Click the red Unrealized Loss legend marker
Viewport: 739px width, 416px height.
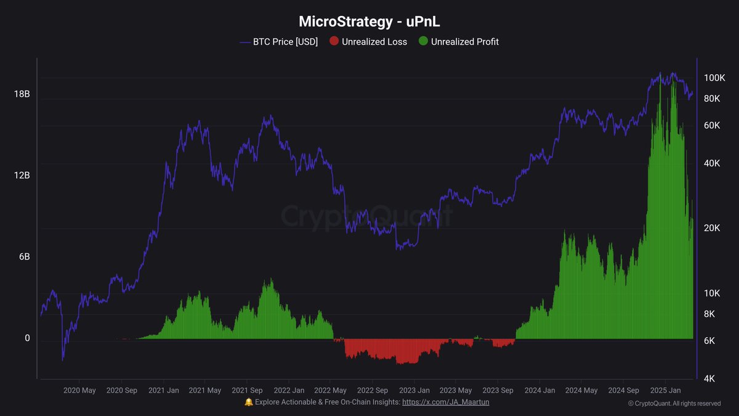coord(334,42)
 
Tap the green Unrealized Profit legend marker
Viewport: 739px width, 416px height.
coord(423,42)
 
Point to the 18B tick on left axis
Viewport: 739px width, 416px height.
coord(22,94)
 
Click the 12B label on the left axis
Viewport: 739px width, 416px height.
coord(22,176)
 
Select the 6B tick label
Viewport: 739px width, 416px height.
coord(24,257)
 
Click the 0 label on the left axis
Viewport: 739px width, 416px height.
coord(26,338)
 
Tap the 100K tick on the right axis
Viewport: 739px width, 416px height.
coord(714,78)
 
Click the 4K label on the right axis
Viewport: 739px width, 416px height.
coord(709,378)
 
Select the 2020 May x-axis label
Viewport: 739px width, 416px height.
coord(79,390)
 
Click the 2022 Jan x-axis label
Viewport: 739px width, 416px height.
coord(289,390)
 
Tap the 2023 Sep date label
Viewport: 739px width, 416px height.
coord(498,390)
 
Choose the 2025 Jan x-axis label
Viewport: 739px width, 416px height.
coord(665,390)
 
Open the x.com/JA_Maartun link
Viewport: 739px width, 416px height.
coord(446,402)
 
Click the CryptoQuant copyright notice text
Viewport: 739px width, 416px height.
coord(674,404)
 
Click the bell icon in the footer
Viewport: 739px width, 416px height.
coord(249,402)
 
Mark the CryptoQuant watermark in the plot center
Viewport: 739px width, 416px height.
coord(367,216)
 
